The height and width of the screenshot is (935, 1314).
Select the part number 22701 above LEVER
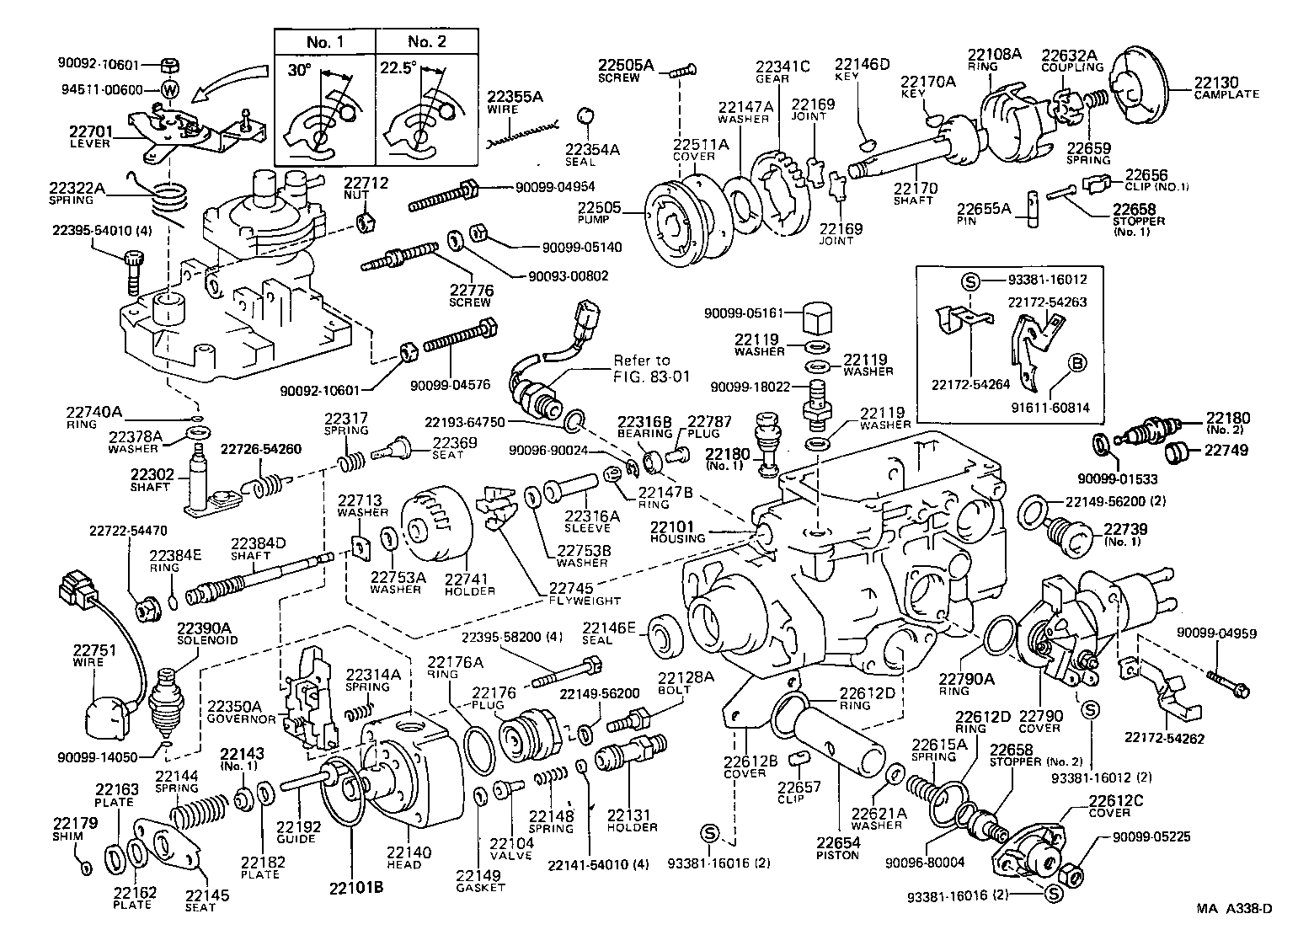[89, 131]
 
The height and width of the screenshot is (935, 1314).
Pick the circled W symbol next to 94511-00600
[169, 90]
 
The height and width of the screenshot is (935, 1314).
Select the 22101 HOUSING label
[677, 532]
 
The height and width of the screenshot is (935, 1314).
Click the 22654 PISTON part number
[837, 843]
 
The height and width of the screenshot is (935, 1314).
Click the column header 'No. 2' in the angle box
[426, 41]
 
